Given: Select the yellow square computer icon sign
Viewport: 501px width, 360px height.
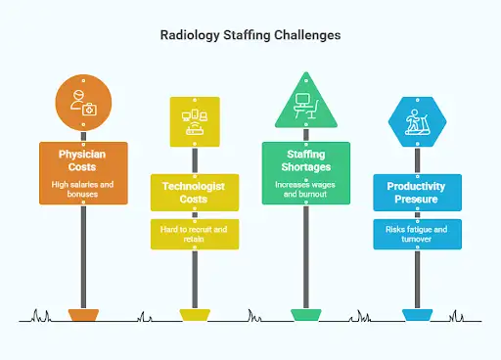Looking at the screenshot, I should point(195,121).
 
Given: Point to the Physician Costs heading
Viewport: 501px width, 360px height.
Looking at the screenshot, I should point(83,160).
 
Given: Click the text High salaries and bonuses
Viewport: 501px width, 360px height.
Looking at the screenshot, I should point(83,189).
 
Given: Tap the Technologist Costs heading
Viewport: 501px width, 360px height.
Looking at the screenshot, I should point(195,192).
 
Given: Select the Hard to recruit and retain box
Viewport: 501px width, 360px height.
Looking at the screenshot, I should point(195,234).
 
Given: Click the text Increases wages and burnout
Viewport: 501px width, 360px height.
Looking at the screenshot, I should point(306,189).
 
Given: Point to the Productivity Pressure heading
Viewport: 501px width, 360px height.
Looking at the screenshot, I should point(417,192).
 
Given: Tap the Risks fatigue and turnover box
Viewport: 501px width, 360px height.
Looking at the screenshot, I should point(417,234).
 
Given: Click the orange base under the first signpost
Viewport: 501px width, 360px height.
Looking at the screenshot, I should point(83,315).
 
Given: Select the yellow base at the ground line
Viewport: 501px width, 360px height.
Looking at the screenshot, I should point(195,315).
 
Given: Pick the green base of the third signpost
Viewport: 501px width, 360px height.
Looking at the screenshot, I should point(306,315).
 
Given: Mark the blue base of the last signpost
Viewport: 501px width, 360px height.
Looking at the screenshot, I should point(417,315).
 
